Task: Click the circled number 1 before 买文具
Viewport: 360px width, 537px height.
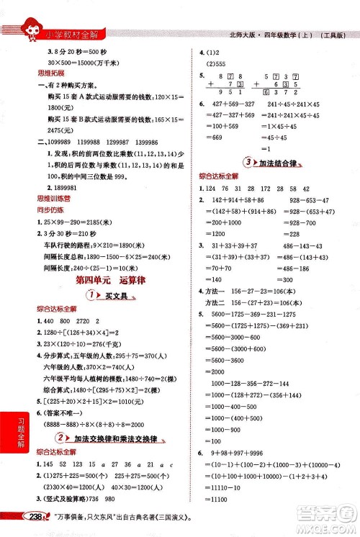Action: click(x=93, y=296)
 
